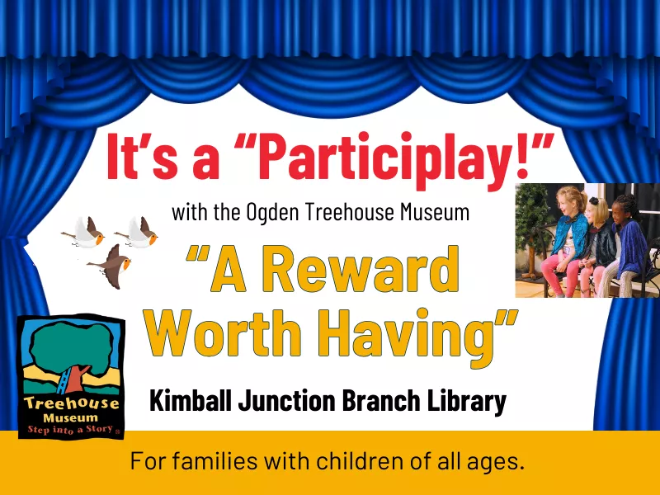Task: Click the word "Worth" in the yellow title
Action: pyautogui.click(x=224, y=333)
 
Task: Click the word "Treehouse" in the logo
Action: pyautogui.click(x=72, y=403)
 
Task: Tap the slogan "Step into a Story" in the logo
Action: pyautogui.click(x=70, y=430)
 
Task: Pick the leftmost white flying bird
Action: pyautogui.click(x=84, y=232)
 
